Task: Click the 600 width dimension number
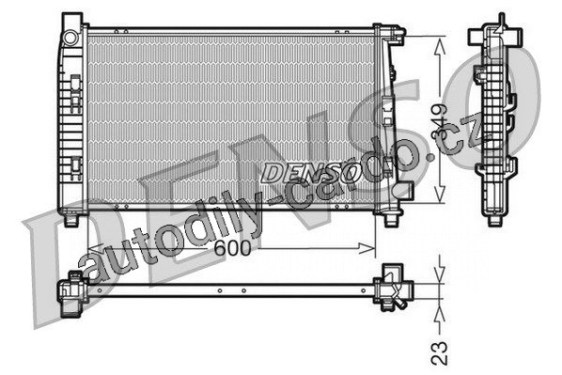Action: pos(233,248)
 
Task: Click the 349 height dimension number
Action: pos(440,121)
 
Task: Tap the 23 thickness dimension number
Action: pos(440,352)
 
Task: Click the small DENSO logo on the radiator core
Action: pos(310,173)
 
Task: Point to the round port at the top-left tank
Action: pos(70,38)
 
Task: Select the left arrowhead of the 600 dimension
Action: pos(94,248)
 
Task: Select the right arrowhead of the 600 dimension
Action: pos(367,248)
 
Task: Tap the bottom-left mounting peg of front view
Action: pos(71,220)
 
